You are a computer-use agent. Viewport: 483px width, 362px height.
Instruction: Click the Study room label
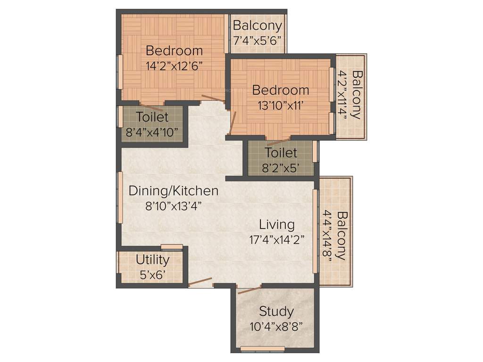[276, 312]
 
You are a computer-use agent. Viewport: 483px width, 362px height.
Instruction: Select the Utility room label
[152, 260]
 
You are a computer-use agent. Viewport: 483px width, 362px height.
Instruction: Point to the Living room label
[277, 224]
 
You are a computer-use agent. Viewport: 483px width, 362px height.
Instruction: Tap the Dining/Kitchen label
[174, 191]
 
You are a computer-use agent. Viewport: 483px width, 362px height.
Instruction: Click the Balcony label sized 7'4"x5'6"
[258, 25]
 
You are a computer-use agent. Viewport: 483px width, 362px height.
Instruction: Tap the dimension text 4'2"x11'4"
[343, 96]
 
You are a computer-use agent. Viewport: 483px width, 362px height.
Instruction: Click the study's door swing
[249, 289]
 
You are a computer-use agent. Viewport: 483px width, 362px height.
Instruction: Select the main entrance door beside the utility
[200, 283]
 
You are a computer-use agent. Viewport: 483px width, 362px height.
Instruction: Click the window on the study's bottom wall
[262, 349]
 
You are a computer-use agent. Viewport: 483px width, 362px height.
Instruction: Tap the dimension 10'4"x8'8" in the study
[276, 326]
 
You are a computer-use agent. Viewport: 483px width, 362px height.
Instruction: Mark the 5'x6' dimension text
[152, 274]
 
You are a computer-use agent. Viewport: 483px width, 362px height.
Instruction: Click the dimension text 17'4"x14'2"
[277, 239]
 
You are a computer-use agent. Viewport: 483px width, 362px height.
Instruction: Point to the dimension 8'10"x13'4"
[174, 206]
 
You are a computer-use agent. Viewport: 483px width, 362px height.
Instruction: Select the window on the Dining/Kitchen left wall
[120, 198]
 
